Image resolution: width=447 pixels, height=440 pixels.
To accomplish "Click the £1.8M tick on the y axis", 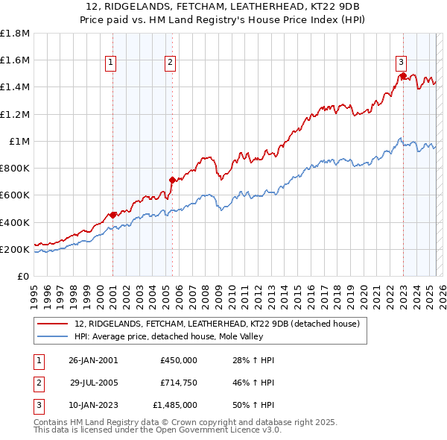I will (x=16, y=34).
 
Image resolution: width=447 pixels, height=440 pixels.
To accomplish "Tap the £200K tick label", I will (x=15, y=249).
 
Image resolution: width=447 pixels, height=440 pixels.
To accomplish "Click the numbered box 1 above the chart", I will (x=110, y=63).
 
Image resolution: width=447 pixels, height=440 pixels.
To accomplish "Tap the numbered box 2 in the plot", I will (x=170, y=63).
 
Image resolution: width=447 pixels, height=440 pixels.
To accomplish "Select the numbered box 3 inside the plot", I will (x=401, y=63).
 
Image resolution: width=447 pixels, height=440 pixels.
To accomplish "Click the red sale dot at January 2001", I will (x=112, y=215).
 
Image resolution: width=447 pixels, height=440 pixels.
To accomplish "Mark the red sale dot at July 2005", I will (x=172, y=180).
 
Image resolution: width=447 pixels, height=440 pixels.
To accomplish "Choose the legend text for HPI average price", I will (x=179, y=336).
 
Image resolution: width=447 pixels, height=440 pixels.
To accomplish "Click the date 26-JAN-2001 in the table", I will (x=93, y=360).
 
